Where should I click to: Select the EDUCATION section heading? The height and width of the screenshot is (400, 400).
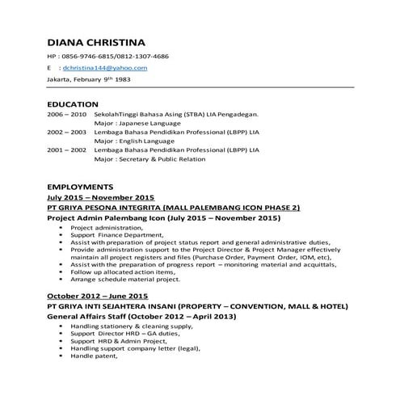[x=73, y=104]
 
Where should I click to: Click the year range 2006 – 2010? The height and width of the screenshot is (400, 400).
[x=66, y=116]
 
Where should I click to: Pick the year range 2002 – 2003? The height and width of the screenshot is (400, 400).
[x=66, y=131]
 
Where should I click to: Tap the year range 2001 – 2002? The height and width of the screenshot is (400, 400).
[x=66, y=149]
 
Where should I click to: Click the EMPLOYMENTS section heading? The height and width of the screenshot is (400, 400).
[x=81, y=186]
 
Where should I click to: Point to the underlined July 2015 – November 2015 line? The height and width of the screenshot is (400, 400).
[x=100, y=197]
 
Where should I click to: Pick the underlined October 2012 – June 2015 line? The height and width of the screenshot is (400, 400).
[x=97, y=297]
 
